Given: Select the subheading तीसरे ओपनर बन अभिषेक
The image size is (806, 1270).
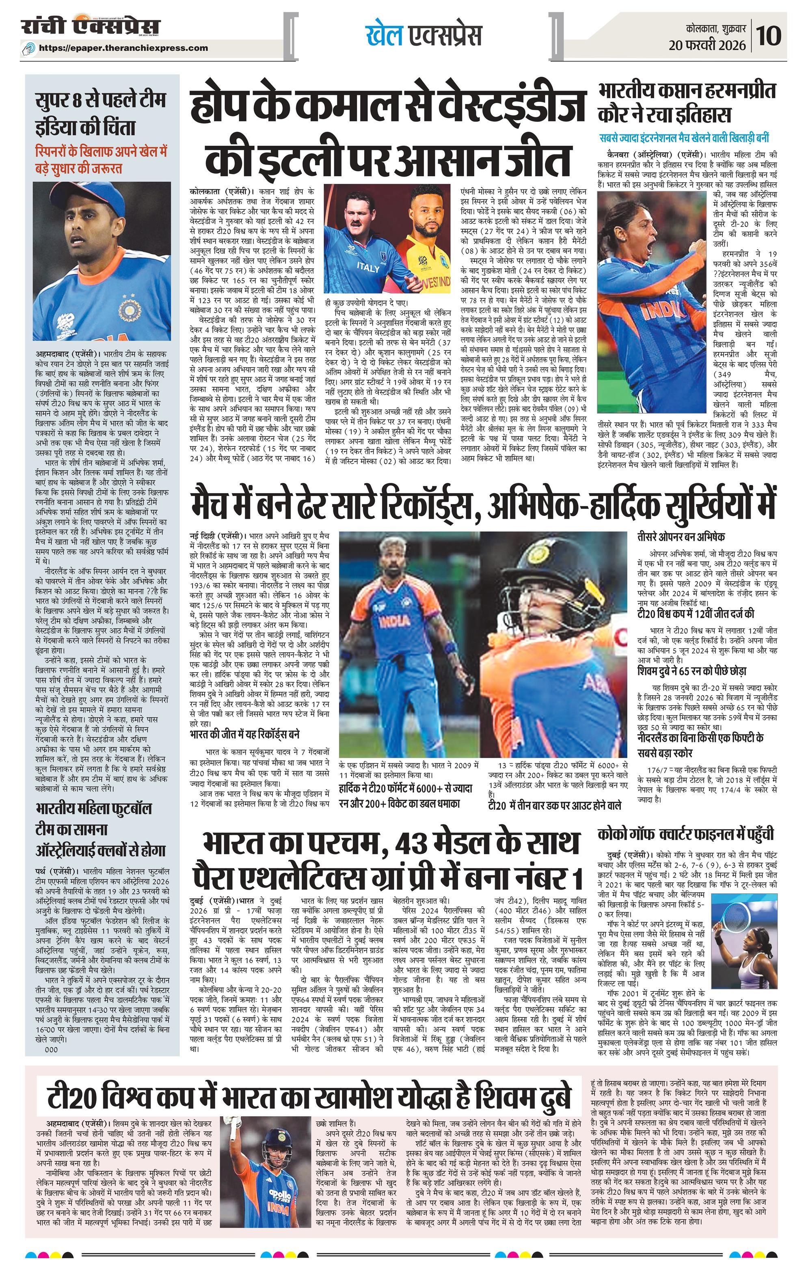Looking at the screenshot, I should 681,537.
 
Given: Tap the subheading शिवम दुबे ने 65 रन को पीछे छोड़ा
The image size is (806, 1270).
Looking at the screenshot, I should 691,671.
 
